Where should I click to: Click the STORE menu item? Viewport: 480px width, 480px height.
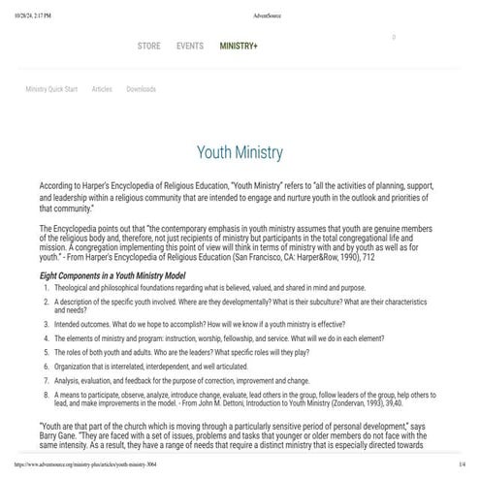tap(148, 46)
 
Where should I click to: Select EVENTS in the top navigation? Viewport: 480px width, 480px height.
tap(190, 46)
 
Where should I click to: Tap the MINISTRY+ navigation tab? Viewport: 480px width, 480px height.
tap(239, 46)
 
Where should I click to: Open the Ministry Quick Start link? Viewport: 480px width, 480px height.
tap(51, 88)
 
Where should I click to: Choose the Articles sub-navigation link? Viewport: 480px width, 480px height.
tap(102, 88)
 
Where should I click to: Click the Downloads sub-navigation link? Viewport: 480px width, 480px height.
tap(141, 88)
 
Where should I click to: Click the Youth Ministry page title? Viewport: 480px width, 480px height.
tap(240, 152)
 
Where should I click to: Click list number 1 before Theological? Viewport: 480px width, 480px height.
tap(46, 289)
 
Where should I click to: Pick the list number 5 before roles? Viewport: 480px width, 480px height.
tap(46, 353)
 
